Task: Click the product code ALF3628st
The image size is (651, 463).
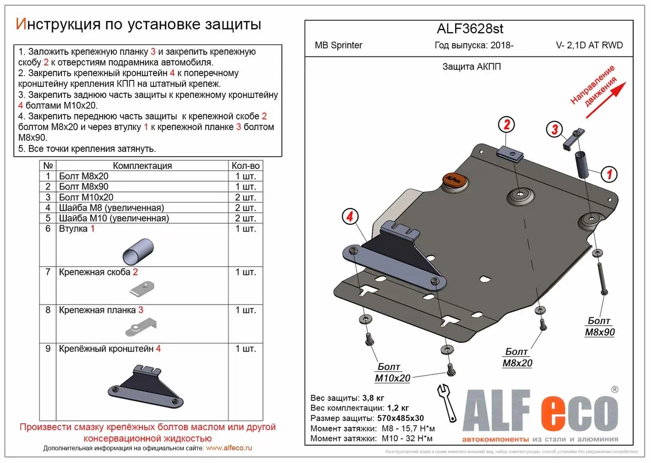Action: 470,29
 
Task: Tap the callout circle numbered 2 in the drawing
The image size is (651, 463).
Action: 507,124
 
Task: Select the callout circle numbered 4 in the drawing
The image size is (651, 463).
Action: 349,217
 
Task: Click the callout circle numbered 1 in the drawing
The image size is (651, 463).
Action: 609,174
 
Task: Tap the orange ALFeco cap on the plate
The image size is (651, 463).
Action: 455,179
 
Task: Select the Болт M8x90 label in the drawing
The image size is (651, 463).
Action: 600,327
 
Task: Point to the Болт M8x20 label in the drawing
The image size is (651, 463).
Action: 517,357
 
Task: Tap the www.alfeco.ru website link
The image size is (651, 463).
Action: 229,448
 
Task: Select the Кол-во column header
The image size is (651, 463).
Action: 246,165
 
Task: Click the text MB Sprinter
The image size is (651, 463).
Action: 339,45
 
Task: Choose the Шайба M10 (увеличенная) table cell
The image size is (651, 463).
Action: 113,218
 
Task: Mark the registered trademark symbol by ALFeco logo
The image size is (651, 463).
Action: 614,390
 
